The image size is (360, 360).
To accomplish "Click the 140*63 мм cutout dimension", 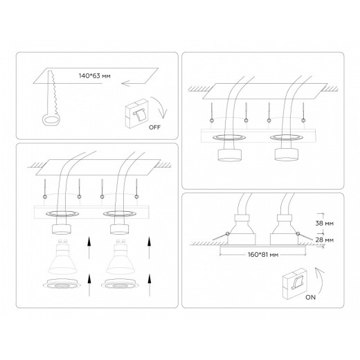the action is tap(95, 76).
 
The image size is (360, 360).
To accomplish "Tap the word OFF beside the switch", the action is tap(154, 127).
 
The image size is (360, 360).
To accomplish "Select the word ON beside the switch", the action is tap(310, 298).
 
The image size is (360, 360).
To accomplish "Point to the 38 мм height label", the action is tap(324, 224).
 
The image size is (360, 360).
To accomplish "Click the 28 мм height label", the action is tap(324, 240).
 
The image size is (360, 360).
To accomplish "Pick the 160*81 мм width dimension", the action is tap(263, 255).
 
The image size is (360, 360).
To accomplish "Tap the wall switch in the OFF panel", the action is tap(136, 114).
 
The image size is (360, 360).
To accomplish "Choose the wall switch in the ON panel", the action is tap(294, 282).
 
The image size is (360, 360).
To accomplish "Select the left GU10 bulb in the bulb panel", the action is tap(62, 257).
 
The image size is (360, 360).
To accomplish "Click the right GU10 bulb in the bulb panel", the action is tap(120, 257).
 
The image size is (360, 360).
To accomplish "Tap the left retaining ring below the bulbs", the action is tap(62, 283).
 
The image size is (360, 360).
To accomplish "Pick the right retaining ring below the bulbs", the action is tap(120, 283).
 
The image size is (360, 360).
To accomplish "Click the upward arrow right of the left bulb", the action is tap(89, 248).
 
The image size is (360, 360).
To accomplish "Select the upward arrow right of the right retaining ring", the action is tap(150, 285).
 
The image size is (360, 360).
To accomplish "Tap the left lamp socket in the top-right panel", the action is tap(230, 155).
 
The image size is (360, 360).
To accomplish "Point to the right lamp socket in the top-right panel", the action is tap(287, 154).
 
